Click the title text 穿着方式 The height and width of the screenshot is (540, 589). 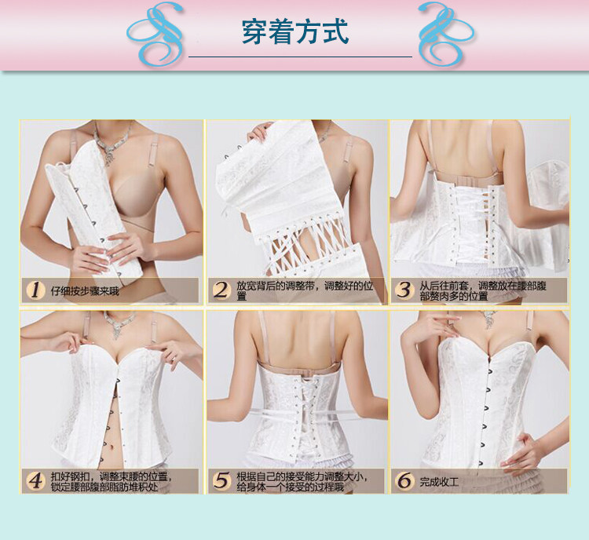coord(294,32)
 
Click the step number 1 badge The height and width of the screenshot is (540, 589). coord(35,290)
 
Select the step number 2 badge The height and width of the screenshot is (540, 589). coord(221,290)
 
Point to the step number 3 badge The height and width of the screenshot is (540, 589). coord(404,290)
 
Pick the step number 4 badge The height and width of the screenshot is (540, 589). coord(35,480)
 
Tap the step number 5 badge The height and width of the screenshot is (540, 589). coord(221,480)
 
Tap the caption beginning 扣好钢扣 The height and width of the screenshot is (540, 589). coord(110,480)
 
